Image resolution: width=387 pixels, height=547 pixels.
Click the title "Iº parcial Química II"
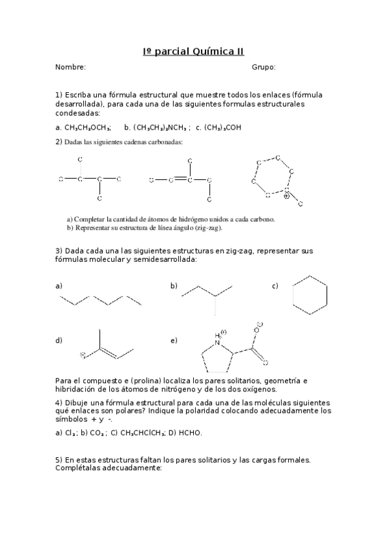pos(193,52)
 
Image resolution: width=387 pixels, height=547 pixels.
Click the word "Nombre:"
pos(70,67)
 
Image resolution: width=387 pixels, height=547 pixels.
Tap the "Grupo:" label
pos(264,67)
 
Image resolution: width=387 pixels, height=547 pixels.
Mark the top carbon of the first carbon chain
pos(80,159)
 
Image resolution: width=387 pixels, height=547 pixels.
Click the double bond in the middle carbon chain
pos(180,179)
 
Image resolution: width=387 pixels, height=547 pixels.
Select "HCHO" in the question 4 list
pos(192,433)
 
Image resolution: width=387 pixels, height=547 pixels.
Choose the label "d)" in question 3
pos(59,340)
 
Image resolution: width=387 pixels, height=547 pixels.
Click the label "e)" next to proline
pos(173,340)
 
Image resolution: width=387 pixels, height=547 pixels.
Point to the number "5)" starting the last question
pos(59,460)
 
